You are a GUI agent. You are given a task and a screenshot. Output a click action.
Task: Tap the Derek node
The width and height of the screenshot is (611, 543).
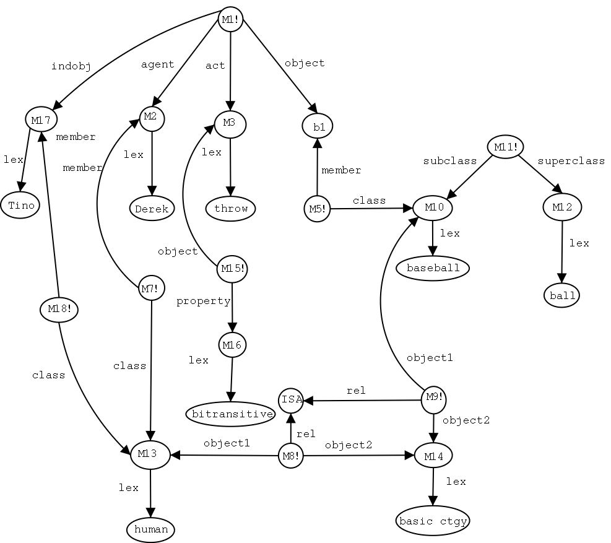click(152, 209)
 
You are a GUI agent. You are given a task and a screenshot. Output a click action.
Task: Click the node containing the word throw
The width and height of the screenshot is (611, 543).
click(231, 209)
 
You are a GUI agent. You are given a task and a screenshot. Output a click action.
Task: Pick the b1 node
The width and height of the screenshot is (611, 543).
click(318, 126)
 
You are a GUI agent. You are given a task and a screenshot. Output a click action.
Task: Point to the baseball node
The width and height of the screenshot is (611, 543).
click(433, 268)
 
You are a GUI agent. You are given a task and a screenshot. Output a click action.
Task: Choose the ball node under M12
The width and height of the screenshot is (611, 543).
click(563, 295)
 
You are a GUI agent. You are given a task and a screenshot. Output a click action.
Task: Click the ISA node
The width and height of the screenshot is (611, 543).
click(291, 399)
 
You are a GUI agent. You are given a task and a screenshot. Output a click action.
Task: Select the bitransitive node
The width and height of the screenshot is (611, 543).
click(230, 414)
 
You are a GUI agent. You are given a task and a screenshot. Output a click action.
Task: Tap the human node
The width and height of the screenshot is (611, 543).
click(151, 529)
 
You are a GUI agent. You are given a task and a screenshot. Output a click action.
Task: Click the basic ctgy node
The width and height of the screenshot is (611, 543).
click(432, 521)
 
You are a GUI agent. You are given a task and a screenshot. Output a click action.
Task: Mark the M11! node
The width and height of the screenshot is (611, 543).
click(505, 147)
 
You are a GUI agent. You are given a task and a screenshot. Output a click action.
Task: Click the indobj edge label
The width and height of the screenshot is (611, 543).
click(71, 67)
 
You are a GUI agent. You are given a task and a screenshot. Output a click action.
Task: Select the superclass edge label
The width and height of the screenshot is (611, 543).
click(570, 161)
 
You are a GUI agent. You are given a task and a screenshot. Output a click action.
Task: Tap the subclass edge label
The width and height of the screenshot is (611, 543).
click(450, 161)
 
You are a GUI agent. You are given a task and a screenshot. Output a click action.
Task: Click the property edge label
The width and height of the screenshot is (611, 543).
click(203, 302)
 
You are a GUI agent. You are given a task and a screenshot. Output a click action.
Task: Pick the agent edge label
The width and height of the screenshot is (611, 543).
click(158, 64)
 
